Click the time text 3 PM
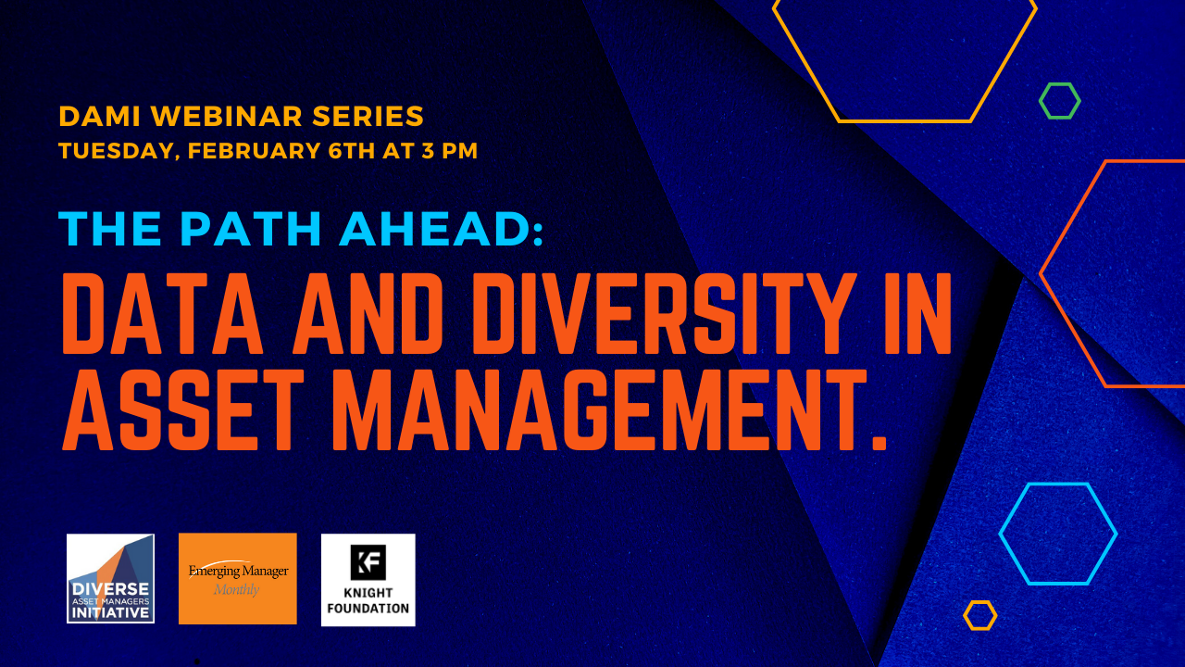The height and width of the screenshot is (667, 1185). click(x=447, y=150)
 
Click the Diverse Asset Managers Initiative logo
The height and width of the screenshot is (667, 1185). click(x=110, y=579)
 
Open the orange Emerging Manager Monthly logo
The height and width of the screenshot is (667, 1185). click(x=238, y=579)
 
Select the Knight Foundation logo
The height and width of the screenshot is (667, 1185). click(x=368, y=580)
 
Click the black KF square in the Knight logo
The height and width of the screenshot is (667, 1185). click(x=368, y=562)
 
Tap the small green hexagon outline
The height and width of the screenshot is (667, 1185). click(x=1059, y=101)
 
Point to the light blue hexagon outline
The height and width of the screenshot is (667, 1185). click(x=1058, y=534)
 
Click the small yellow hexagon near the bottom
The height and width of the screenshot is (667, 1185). click(x=979, y=615)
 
